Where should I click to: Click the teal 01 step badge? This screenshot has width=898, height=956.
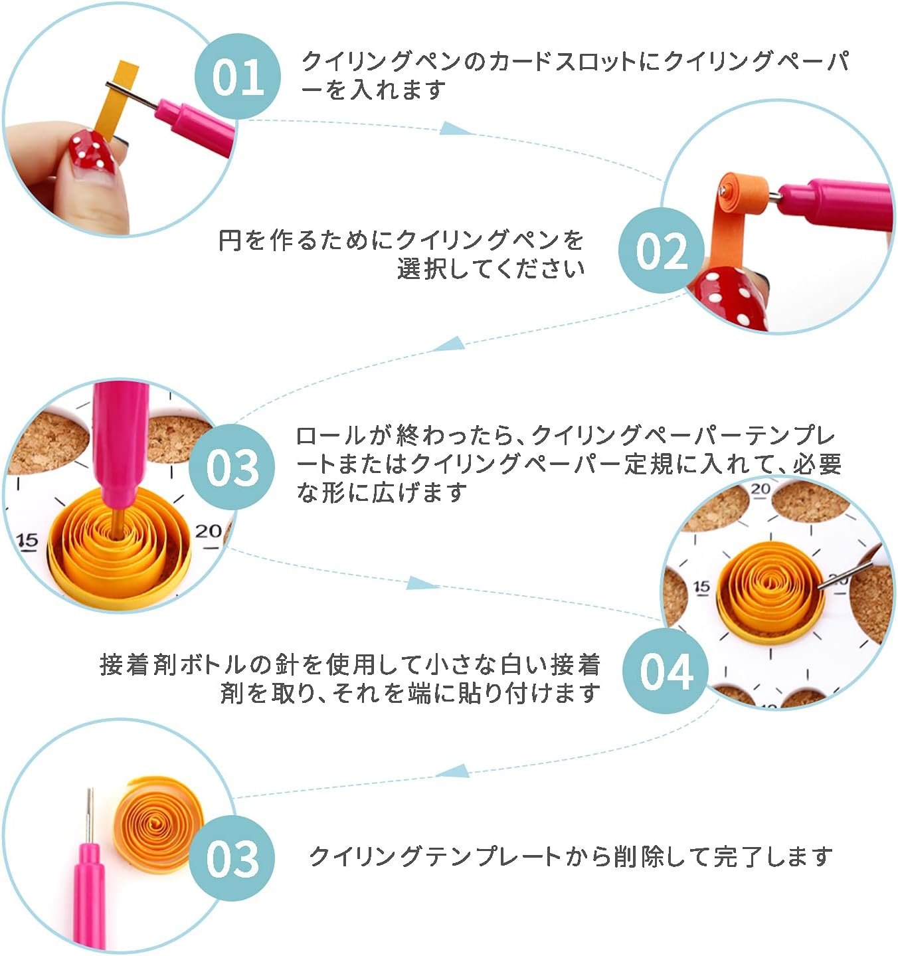tap(237, 76)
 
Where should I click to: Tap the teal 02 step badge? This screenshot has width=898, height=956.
tap(661, 251)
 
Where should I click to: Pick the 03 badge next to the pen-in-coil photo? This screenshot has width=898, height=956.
tap(232, 467)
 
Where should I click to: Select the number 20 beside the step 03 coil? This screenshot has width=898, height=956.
tap(208, 531)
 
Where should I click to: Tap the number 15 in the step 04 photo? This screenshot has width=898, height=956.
tap(701, 587)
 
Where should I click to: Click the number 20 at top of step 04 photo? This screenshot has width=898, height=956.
tap(761, 489)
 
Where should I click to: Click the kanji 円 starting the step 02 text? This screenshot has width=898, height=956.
tap(230, 240)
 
